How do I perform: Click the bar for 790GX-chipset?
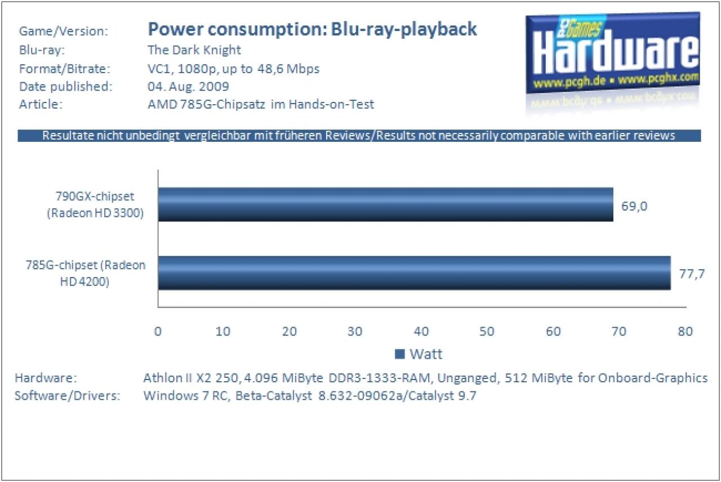[386, 204]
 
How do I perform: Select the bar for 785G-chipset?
[415, 273]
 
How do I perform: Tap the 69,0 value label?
[634, 206]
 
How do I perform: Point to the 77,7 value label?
[692, 274]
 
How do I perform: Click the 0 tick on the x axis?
[158, 331]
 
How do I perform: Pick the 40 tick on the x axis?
[421, 331]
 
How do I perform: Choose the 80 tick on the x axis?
[685, 331]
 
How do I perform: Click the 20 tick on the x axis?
[290, 331]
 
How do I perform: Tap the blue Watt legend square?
[400, 354]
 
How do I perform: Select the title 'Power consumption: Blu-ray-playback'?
[312, 29]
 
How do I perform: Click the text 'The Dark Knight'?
[194, 50]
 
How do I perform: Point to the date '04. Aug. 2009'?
[188, 86]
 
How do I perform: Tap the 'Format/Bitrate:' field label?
[65, 69]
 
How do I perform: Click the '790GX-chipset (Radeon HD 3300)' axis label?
[95, 204]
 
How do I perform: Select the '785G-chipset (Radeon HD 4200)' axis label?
[86, 273]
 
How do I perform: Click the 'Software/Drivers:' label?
[67, 395]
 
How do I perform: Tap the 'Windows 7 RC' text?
[186, 395]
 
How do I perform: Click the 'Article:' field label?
[41, 104]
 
